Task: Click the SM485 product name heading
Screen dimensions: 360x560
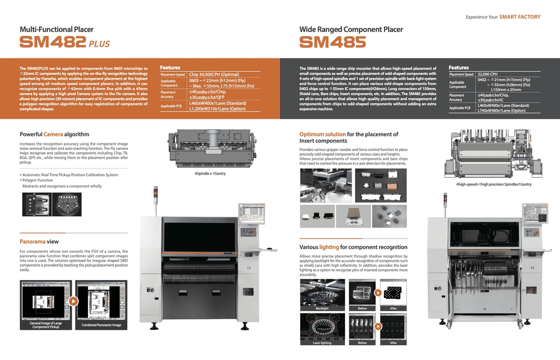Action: point(332,42)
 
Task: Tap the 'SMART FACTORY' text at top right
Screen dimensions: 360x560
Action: point(520,17)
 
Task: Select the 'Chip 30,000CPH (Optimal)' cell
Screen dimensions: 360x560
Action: point(214,74)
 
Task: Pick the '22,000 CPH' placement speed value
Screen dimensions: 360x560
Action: point(488,74)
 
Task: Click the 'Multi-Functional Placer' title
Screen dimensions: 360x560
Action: point(56,30)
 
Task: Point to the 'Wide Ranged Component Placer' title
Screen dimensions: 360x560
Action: point(351,30)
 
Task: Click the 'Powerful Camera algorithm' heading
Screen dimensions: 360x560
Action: point(54,134)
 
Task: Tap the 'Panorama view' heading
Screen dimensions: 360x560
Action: point(39,241)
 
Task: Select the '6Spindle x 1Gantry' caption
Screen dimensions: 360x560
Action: point(211,173)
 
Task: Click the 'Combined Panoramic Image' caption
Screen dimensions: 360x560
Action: point(102,325)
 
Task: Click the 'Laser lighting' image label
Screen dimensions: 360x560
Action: point(322,343)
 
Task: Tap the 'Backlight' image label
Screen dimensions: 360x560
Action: point(322,309)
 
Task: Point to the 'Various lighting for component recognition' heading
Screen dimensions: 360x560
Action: point(353,247)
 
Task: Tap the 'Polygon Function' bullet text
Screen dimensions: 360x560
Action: point(38,180)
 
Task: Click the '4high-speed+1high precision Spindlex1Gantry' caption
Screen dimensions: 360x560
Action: point(494,184)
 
